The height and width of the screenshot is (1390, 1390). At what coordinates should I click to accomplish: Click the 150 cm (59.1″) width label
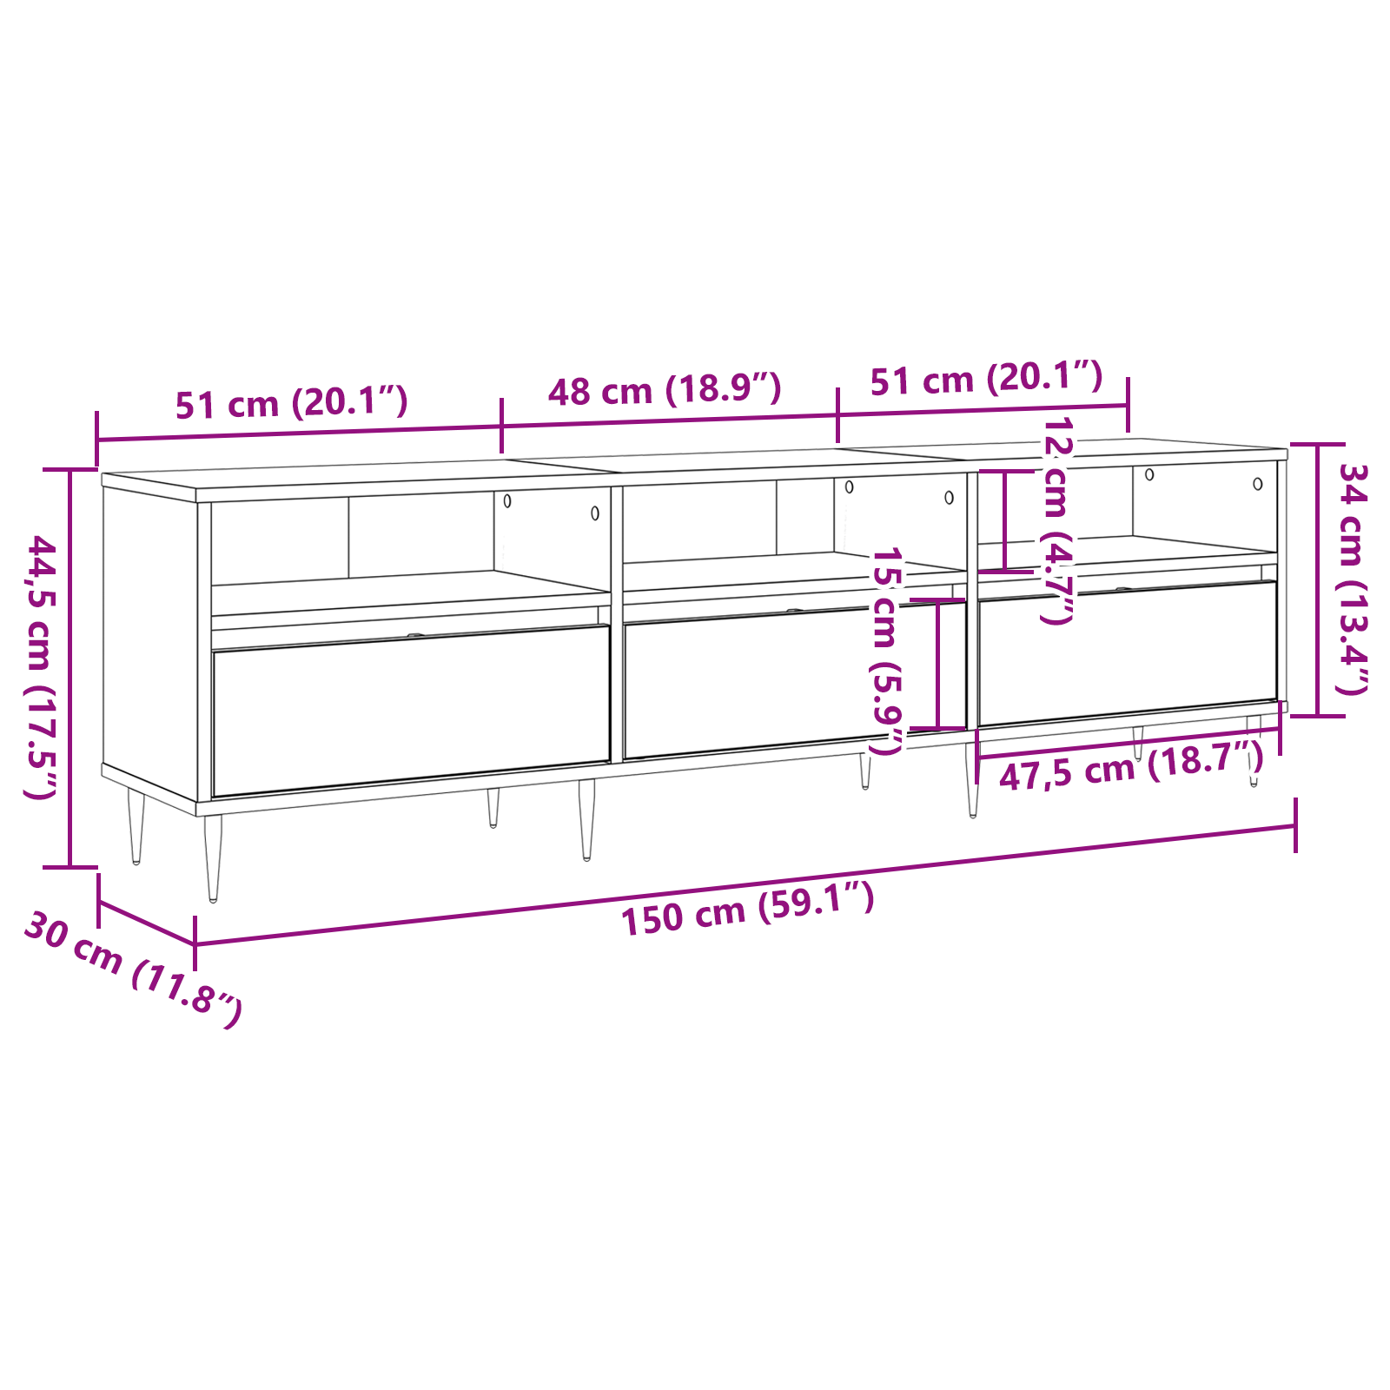748,908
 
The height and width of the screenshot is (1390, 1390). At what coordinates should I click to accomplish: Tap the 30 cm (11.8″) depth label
132,969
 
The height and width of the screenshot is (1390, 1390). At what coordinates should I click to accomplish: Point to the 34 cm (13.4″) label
1353,579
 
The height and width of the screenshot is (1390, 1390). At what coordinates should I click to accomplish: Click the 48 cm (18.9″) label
665,389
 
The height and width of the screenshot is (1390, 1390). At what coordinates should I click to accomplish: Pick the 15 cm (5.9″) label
886,651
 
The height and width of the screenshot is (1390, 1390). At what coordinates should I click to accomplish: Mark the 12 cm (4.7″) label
1057,520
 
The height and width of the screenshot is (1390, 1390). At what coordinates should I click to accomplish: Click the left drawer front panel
411,710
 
